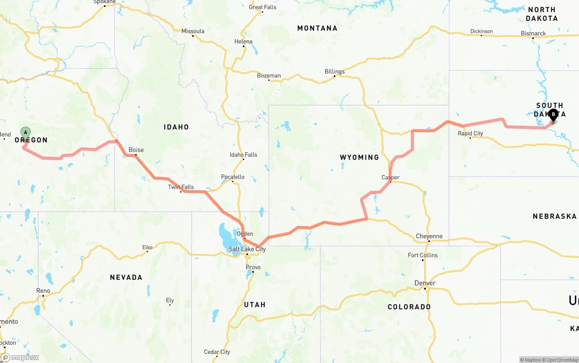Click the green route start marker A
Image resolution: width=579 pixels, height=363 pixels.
pos(26,132)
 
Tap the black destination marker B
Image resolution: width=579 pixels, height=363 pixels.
pos(553,114)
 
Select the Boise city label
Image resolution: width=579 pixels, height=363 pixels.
pos(136,150)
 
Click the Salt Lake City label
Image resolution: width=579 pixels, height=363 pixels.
pos(247,250)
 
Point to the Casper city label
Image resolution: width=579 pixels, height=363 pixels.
pos(390,177)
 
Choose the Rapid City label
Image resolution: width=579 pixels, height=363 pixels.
pos(470,133)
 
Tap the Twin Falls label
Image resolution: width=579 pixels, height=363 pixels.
pos(181,187)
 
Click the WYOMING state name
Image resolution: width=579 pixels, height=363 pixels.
pos(360,157)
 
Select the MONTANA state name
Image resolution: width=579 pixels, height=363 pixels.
pos(317,28)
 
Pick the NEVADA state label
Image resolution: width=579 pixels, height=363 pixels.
pos(126,277)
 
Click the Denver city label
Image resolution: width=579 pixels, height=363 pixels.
pos(425,283)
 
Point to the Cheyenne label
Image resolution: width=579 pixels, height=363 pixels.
pos(429,236)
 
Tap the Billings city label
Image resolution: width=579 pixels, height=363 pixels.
pos(335,71)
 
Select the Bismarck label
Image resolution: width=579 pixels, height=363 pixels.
pos(533,33)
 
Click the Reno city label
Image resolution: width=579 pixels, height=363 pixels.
pos(43,291)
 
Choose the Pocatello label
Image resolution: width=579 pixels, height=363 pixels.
pos(233,177)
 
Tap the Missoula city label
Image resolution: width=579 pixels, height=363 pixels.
pos(193,31)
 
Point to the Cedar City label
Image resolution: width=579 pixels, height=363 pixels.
pos(217,352)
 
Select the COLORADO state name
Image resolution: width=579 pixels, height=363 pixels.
pos(409,307)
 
